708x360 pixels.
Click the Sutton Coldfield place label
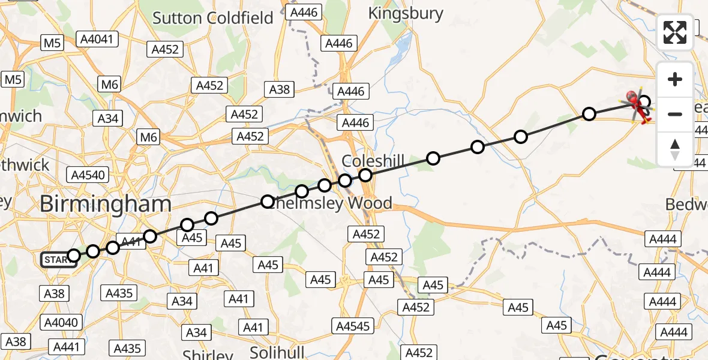click(212, 18)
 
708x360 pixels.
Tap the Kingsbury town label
click(406, 13)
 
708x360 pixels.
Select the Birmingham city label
click(106, 204)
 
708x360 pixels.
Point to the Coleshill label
click(373, 161)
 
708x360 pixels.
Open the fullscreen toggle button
click(675, 32)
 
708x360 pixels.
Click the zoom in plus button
click(675, 80)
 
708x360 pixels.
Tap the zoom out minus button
click(675, 114)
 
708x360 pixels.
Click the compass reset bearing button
click(675, 149)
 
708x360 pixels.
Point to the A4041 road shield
click(98, 40)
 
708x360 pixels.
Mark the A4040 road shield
click(61, 322)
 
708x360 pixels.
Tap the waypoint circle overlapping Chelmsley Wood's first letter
click(268, 202)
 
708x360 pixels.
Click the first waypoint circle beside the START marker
click(74, 256)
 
